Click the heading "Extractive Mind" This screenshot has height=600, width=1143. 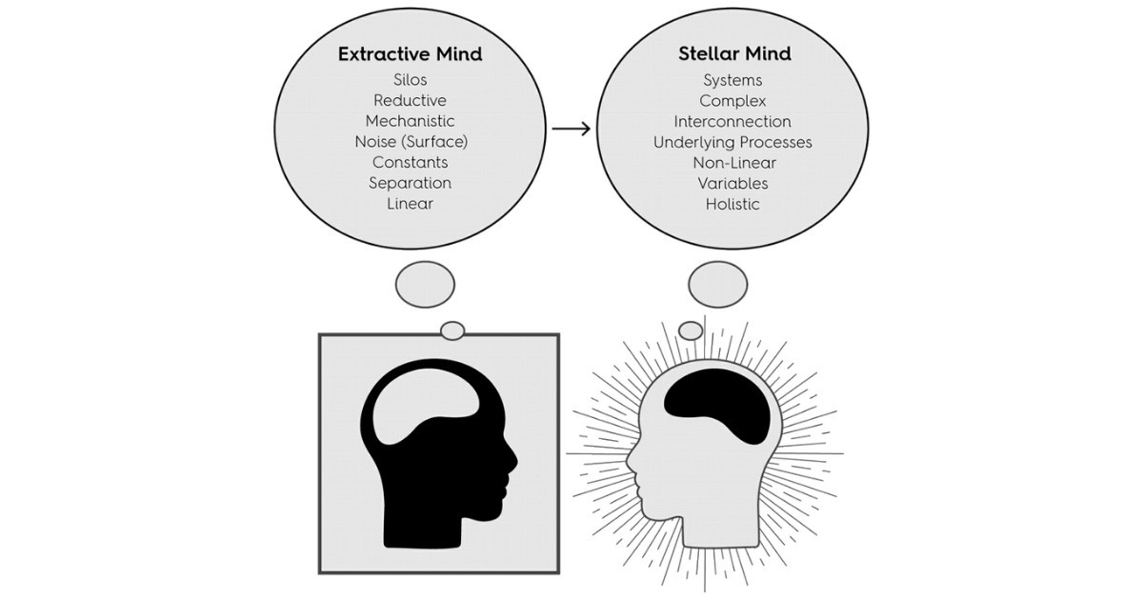pos(410,54)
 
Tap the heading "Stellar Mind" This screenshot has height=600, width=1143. pos(732,54)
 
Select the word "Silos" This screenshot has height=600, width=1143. pos(410,80)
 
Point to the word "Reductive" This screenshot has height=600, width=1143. pos(410,101)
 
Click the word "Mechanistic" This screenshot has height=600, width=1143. pos(410,121)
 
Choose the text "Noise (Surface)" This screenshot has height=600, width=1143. pos(410,142)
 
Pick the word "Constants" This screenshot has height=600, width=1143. pos(410,162)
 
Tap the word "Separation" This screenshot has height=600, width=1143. pos(410,183)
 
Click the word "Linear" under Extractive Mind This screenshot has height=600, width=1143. pos(410,203)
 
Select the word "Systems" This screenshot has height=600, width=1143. pos(732,80)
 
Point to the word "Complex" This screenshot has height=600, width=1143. pos(732,101)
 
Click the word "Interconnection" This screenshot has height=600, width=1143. pos(732,121)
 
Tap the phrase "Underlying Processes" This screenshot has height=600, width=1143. pos(732,142)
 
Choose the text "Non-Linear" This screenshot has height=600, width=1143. pos(732,162)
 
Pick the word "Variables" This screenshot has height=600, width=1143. pos(732,183)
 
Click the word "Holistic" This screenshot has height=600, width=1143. pos(732,203)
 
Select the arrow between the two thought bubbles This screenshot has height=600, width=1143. pos(571,128)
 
